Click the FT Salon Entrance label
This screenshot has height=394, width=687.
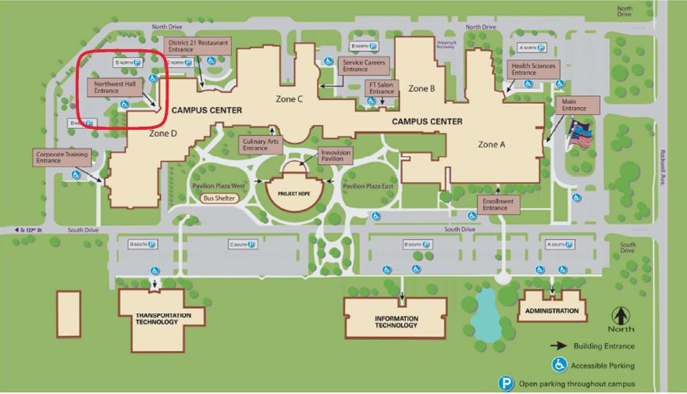pyautogui.click(x=382, y=88)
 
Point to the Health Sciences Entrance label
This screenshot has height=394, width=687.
pyautogui.click(x=532, y=70)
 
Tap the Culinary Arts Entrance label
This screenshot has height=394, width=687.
pyautogui.click(x=260, y=145)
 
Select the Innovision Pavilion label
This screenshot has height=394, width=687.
pyautogui.click(x=335, y=156)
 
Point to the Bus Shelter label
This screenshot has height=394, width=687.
pyautogui.click(x=219, y=199)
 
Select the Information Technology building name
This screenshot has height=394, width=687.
pyautogui.click(x=396, y=321)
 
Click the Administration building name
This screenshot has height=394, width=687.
pyautogui.click(x=552, y=310)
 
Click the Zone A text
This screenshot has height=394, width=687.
pyautogui.click(x=492, y=145)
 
